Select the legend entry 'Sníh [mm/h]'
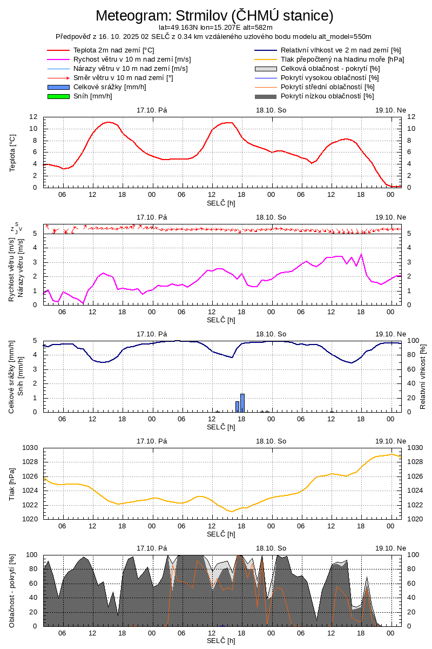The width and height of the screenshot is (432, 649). point(93,96)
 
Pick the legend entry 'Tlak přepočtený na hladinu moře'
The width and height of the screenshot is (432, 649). point(342,59)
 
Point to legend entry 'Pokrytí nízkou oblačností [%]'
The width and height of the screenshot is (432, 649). point(327,96)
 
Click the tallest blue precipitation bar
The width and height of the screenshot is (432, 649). point(242,402)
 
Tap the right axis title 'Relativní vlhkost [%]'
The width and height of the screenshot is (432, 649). point(423,376)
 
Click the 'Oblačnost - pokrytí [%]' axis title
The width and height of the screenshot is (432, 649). point(12,591)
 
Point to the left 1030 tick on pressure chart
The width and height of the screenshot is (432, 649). point(30,448)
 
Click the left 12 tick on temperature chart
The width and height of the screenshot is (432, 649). point(33,117)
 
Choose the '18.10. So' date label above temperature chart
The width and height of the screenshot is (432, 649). point(271,110)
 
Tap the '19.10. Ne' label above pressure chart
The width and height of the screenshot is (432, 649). point(390,441)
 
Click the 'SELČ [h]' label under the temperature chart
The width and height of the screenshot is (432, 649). point(221,203)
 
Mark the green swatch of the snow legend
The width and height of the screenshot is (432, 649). point(58,96)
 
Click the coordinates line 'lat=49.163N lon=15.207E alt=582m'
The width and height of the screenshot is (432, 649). point(215,28)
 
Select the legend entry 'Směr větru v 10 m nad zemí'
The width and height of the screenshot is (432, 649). point(123,78)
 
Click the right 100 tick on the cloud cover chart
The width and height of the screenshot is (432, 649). point(411,555)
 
